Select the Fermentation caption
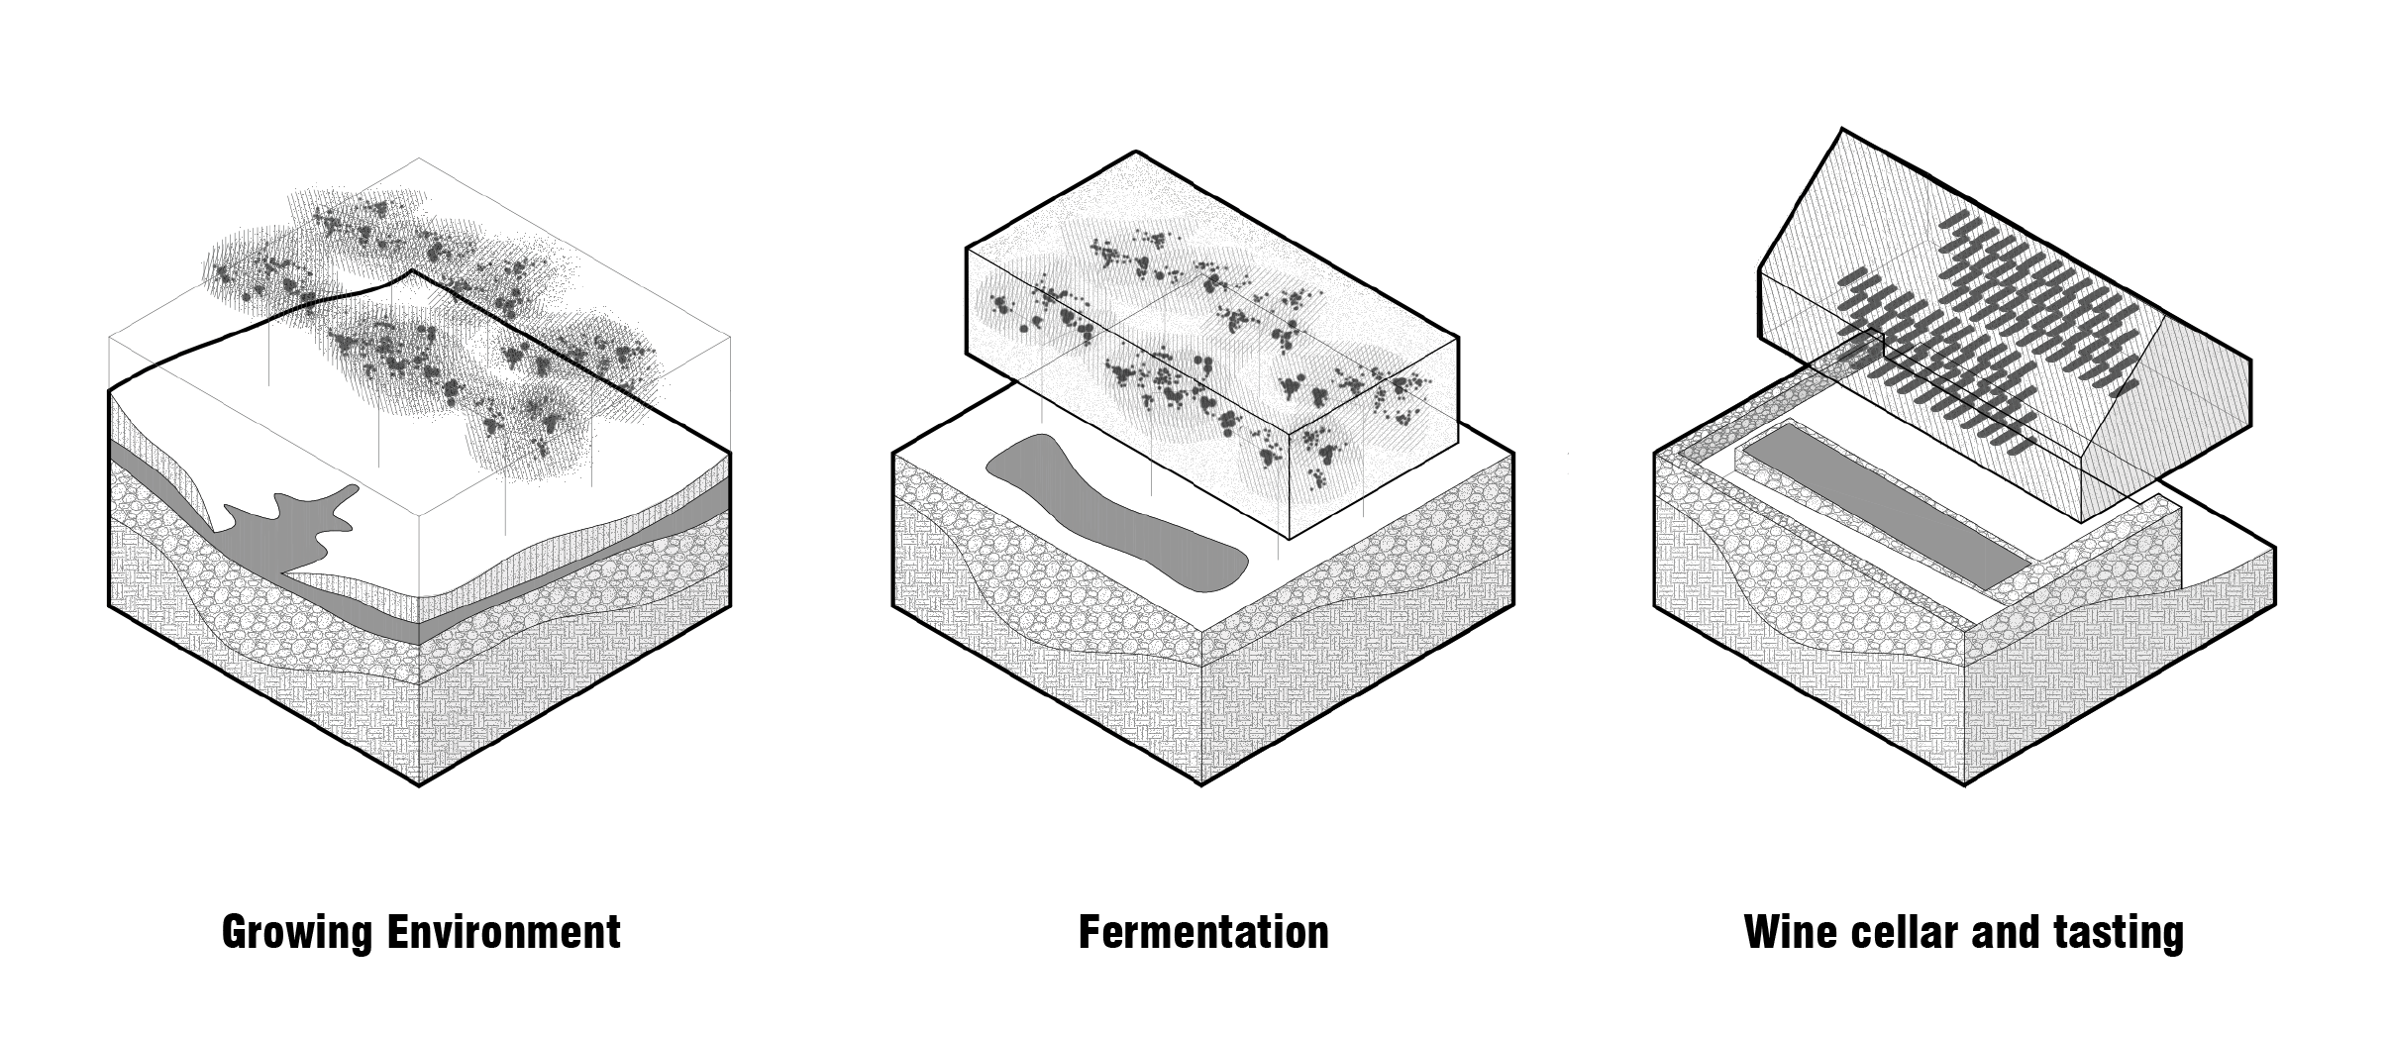point(1202,932)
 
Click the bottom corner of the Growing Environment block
point(419,785)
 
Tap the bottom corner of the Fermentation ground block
point(1201,785)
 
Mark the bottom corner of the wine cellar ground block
point(1964,785)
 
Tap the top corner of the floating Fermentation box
point(1135,153)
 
